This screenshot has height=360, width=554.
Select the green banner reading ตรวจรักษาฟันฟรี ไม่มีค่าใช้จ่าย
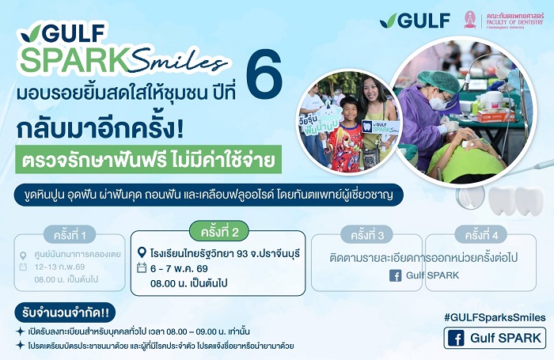[x=148, y=161]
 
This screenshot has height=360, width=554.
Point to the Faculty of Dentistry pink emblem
[x=470, y=19]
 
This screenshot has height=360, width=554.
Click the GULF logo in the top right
[x=414, y=20]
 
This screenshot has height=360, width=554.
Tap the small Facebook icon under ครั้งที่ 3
[x=395, y=275]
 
